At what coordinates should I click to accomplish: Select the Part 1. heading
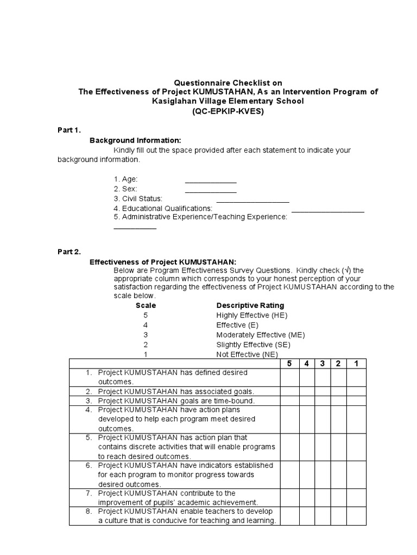pos(69,130)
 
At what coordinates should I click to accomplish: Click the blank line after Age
pos(211,182)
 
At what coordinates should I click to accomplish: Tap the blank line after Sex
pos(211,191)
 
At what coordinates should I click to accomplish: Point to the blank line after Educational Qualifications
pos(327,211)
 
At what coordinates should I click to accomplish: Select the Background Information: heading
pos(131,140)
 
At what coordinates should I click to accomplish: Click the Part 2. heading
pos(69,251)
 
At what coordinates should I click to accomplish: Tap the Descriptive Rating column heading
pos(250,305)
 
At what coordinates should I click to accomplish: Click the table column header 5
pos(289,363)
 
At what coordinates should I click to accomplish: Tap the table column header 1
pos(356,363)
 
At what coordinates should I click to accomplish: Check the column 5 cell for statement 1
pos(289,377)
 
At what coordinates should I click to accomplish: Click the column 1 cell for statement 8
pos(356,516)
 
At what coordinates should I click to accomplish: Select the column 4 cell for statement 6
pos(306,474)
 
